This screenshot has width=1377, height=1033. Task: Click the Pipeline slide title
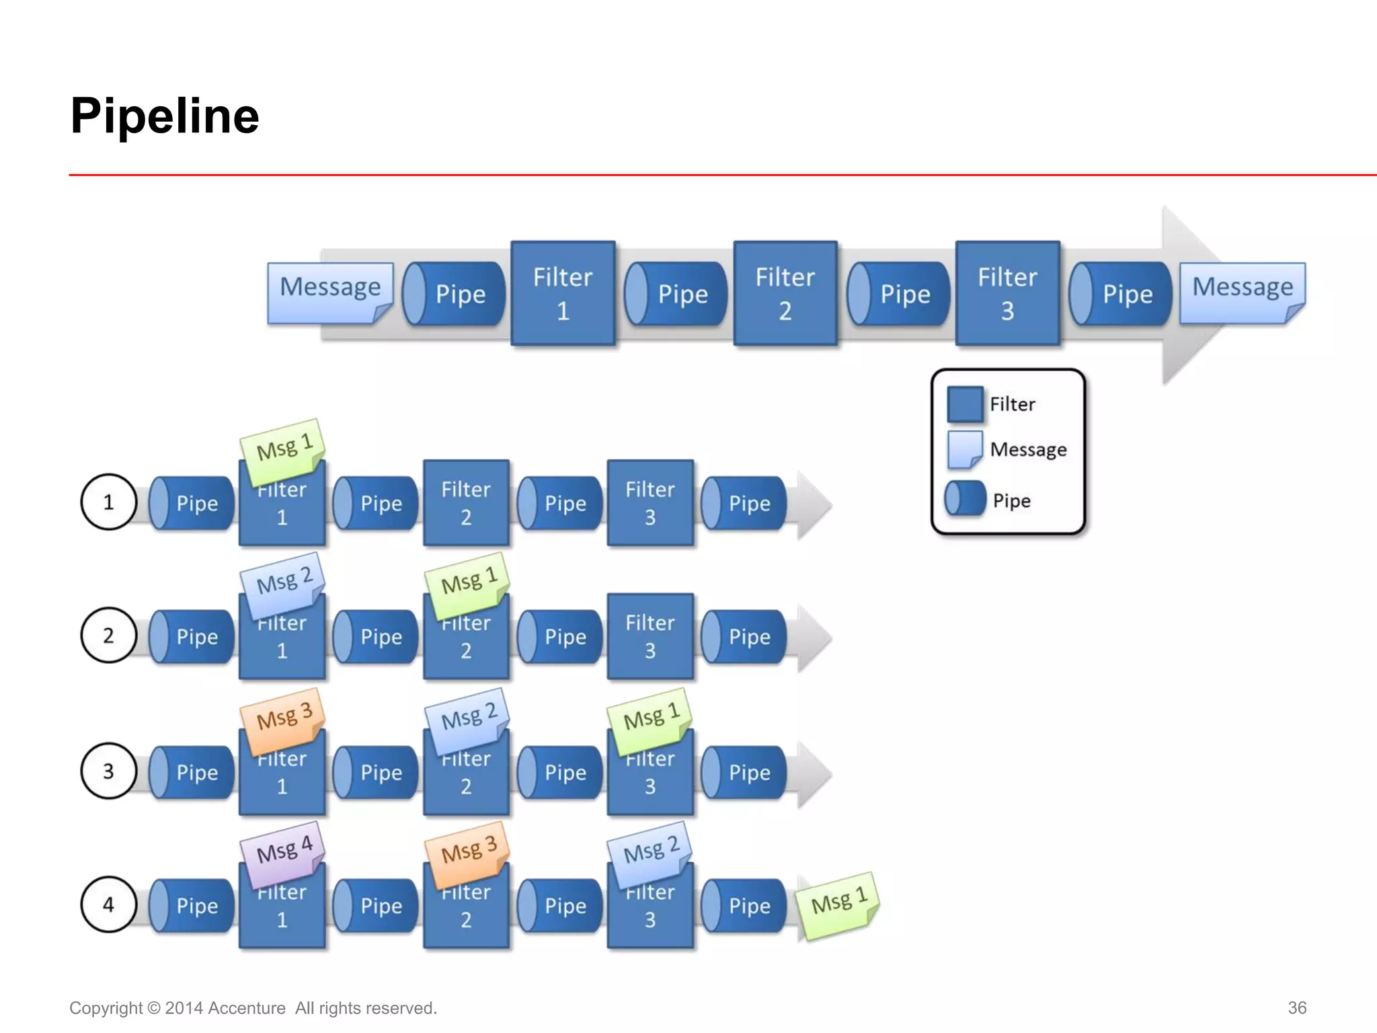(x=165, y=116)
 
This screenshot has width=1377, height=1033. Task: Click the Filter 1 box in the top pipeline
(x=563, y=294)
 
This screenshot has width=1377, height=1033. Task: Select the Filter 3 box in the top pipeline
(x=1007, y=294)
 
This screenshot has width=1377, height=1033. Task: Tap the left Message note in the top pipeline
(x=329, y=290)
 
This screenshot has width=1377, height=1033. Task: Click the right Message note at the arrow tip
(x=1242, y=290)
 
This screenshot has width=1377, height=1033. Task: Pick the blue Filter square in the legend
(x=964, y=404)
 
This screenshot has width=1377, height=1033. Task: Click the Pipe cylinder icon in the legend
(x=964, y=499)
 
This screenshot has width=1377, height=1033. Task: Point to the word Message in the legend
(x=1028, y=449)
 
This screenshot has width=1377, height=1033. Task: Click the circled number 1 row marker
(x=108, y=502)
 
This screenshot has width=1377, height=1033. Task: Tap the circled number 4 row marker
(x=108, y=905)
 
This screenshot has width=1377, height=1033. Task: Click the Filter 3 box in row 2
(x=650, y=636)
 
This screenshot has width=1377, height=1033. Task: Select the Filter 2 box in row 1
(x=466, y=503)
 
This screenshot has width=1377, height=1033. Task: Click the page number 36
(x=1296, y=1007)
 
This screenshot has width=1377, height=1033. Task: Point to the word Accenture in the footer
(x=247, y=1008)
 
